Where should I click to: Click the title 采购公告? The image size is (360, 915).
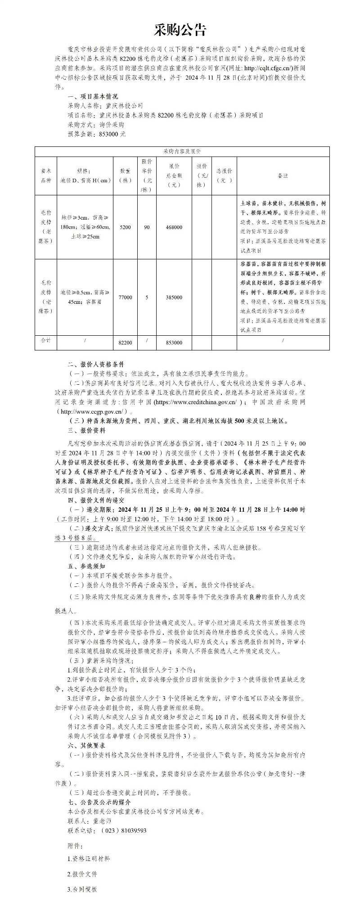pos(180,30)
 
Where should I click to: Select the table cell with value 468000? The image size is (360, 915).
pos(174,227)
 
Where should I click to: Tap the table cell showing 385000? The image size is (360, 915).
pos(174,297)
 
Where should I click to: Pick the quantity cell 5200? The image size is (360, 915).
pos(125,227)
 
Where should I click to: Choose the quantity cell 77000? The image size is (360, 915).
pos(125,297)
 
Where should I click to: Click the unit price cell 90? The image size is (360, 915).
pos(147,227)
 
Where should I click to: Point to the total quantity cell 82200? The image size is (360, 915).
pos(125,343)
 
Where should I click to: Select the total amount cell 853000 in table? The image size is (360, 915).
pos(174,343)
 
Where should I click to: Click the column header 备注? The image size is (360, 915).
pos(283,176)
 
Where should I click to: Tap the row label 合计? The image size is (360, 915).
pos(45,341)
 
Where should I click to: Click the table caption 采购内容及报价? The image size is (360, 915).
pos(182,152)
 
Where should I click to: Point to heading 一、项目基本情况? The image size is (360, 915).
pos(93,96)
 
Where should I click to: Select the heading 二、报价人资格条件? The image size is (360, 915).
pos(95,364)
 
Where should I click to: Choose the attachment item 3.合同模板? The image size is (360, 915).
pos(82,889)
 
